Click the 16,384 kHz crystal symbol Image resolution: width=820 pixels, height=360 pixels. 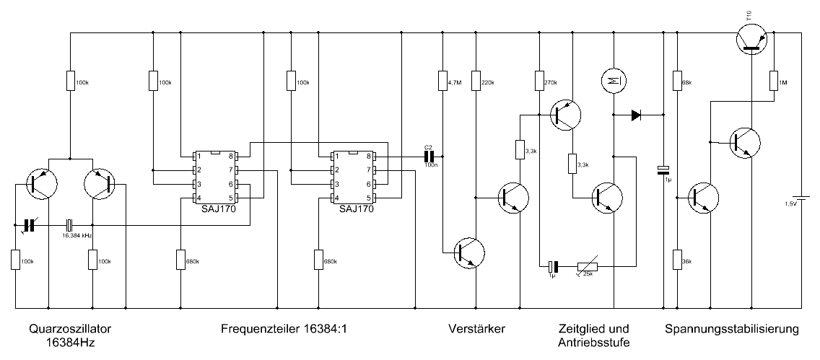pos(70,224)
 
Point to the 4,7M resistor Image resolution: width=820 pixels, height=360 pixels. pos(442,80)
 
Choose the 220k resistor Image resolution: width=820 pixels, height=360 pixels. pos(475,80)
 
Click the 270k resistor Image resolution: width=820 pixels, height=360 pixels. pos(538,80)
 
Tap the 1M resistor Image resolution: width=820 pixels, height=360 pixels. pos(772,80)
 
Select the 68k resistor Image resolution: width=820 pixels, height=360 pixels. pos(677,80)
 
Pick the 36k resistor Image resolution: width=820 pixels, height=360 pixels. pos(677,258)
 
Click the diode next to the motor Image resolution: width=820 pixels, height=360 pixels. pos(637,114)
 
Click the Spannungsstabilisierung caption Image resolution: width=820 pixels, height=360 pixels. pos(733,329)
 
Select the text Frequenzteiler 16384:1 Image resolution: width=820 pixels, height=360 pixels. pos(284,329)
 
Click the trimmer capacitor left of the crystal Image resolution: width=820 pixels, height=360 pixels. pos(30,224)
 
